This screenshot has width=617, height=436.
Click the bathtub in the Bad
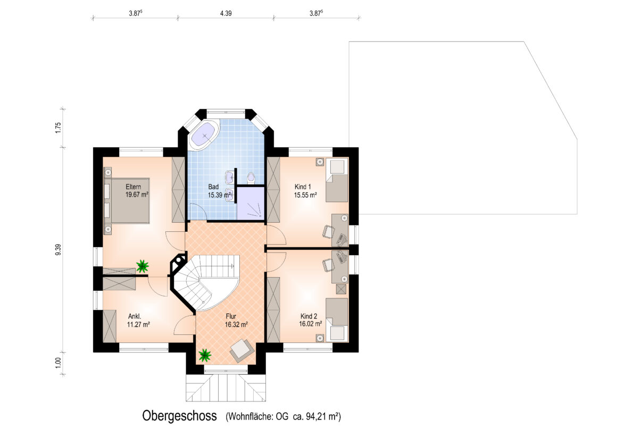click(x=204, y=136)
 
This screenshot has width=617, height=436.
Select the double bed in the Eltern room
click(x=127, y=200)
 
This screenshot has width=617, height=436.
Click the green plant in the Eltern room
click(x=142, y=266)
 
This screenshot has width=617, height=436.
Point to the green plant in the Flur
click(x=205, y=355)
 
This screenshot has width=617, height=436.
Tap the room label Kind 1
click(x=303, y=187)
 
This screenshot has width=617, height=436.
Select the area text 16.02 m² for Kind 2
click(x=311, y=324)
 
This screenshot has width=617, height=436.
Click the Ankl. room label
click(x=135, y=316)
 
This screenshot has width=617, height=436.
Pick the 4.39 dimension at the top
click(x=226, y=13)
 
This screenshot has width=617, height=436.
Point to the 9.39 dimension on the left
click(x=58, y=250)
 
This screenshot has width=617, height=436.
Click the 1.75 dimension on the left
click(x=58, y=128)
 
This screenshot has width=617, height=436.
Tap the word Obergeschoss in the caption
click(x=179, y=416)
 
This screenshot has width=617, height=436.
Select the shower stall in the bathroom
click(x=251, y=203)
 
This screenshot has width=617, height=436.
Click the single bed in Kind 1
click(x=337, y=180)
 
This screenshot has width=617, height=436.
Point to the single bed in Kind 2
click(x=337, y=320)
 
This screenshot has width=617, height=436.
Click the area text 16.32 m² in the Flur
click(x=236, y=325)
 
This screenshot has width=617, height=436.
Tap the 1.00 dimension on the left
click(x=58, y=363)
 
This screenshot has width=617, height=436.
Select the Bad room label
click(x=213, y=187)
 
